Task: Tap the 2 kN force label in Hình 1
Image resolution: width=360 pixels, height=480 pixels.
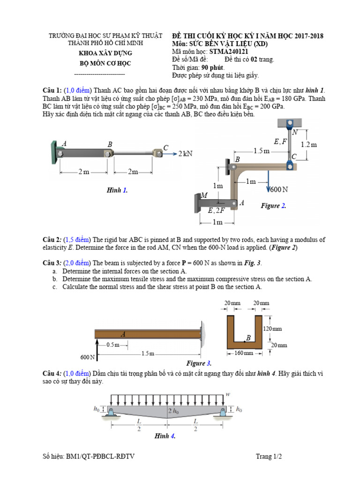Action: [x=185, y=153]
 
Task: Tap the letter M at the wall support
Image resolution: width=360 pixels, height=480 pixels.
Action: [x=204, y=195]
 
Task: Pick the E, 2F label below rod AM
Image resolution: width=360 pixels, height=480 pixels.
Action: [x=217, y=211]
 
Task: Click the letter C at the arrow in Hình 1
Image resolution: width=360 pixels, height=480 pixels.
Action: [x=166, y=148]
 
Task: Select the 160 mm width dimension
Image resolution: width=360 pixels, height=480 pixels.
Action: [x=243, y=353]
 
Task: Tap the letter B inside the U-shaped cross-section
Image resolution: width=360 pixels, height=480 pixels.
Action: [x=248, y=337]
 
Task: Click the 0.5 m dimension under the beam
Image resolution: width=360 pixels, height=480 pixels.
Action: [x=113, y=345]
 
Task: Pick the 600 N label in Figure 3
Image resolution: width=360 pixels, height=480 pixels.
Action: [x=87, y=357]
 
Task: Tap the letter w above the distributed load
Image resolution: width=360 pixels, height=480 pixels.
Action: [x=228, y=395]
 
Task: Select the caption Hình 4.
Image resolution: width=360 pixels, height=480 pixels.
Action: [x=165, y=436]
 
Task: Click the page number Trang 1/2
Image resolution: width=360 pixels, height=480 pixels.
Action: [x=269, y=456]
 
